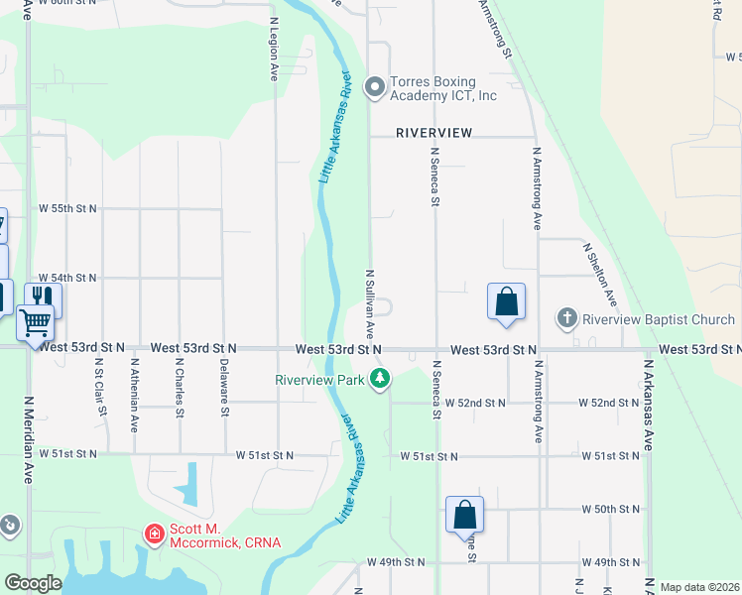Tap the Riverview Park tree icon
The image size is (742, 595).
(x=379, y=378)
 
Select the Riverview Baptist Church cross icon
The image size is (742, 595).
(x=566, y=319)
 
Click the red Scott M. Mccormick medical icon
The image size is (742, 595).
(x=154, y=535)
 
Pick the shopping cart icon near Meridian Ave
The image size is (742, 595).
(x=36, y=321)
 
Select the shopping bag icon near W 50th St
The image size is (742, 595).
(x=464, y=514)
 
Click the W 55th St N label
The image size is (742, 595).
(x=67, y=208)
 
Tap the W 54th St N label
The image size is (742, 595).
(x=67, y=279)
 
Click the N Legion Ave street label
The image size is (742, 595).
(x=274, y=48)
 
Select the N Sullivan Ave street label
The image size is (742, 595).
(x=369, y=302)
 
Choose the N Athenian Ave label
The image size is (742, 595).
(x=135, y=396)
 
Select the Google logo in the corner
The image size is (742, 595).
(x=34, y=583)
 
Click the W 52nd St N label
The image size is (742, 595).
(x=475, y=403)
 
